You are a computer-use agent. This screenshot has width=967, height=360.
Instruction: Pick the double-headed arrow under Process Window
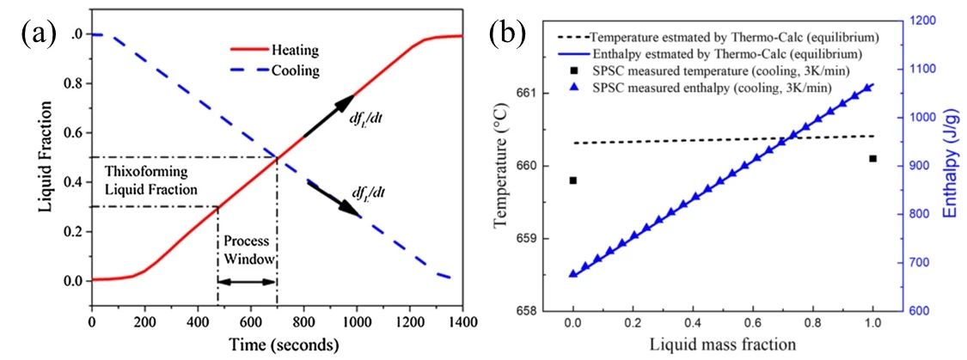click(247, 281)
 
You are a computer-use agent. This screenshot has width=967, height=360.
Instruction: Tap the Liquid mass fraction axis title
click(722, 344)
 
